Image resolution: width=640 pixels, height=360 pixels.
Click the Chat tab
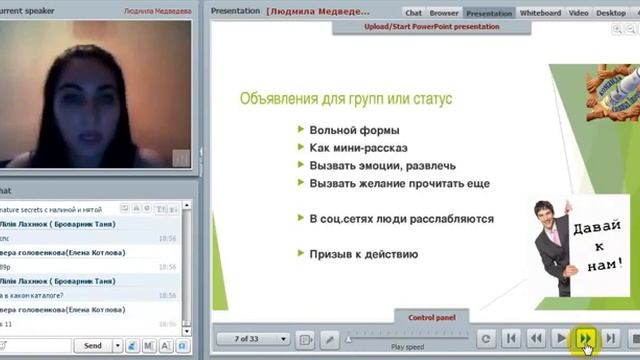[414, 13]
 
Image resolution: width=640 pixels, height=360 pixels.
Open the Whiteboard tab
[540, 13]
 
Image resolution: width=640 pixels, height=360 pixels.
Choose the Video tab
[577, 13]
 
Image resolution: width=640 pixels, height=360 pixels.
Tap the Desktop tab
[611, 13]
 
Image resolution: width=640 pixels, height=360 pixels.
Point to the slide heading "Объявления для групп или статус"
[346, 99]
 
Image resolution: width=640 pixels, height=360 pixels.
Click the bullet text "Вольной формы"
[354, 130]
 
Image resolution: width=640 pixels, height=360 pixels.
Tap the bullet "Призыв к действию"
[364, 254]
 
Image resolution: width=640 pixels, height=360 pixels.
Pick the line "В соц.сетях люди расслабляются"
[401, 218]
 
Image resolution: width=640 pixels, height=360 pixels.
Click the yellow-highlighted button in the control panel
[584, 339]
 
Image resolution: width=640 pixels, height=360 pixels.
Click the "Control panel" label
[432, 317]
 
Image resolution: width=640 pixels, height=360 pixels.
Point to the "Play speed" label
[408, 347]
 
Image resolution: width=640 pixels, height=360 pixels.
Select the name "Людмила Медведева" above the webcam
[157, 10]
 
